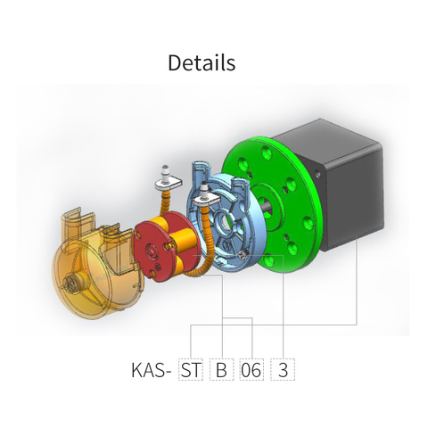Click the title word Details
202,63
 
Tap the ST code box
190,369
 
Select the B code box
220,369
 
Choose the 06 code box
251,369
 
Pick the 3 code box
284,369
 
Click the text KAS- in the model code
150,369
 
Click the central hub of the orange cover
70,284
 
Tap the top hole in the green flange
268,152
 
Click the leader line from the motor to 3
357,294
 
